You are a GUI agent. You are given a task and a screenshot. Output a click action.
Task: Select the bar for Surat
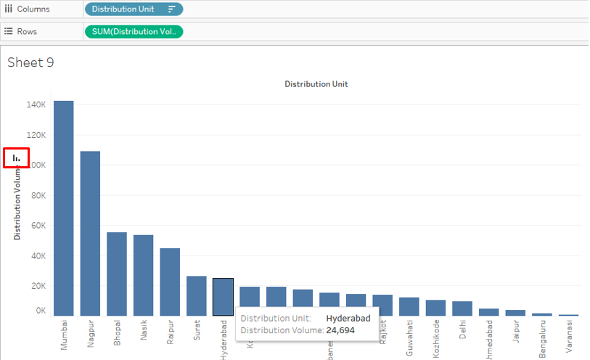point(196,295)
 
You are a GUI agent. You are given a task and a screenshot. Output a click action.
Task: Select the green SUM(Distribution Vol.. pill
point(134,31)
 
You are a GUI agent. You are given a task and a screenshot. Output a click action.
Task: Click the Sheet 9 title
point(30,62)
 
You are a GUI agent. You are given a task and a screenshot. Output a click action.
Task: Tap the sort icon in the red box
point(17,157)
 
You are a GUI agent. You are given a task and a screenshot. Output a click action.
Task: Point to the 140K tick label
point(36,105)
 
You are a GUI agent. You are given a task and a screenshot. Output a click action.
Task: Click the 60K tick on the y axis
point(37,225)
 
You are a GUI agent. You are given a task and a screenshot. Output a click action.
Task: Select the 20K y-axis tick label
point(37,285)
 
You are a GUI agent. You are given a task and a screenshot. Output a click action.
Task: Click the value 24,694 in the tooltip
point(343,330)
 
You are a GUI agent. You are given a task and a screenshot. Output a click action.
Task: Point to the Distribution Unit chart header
point(316,84)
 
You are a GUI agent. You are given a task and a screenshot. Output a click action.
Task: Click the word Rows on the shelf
point(28,31)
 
